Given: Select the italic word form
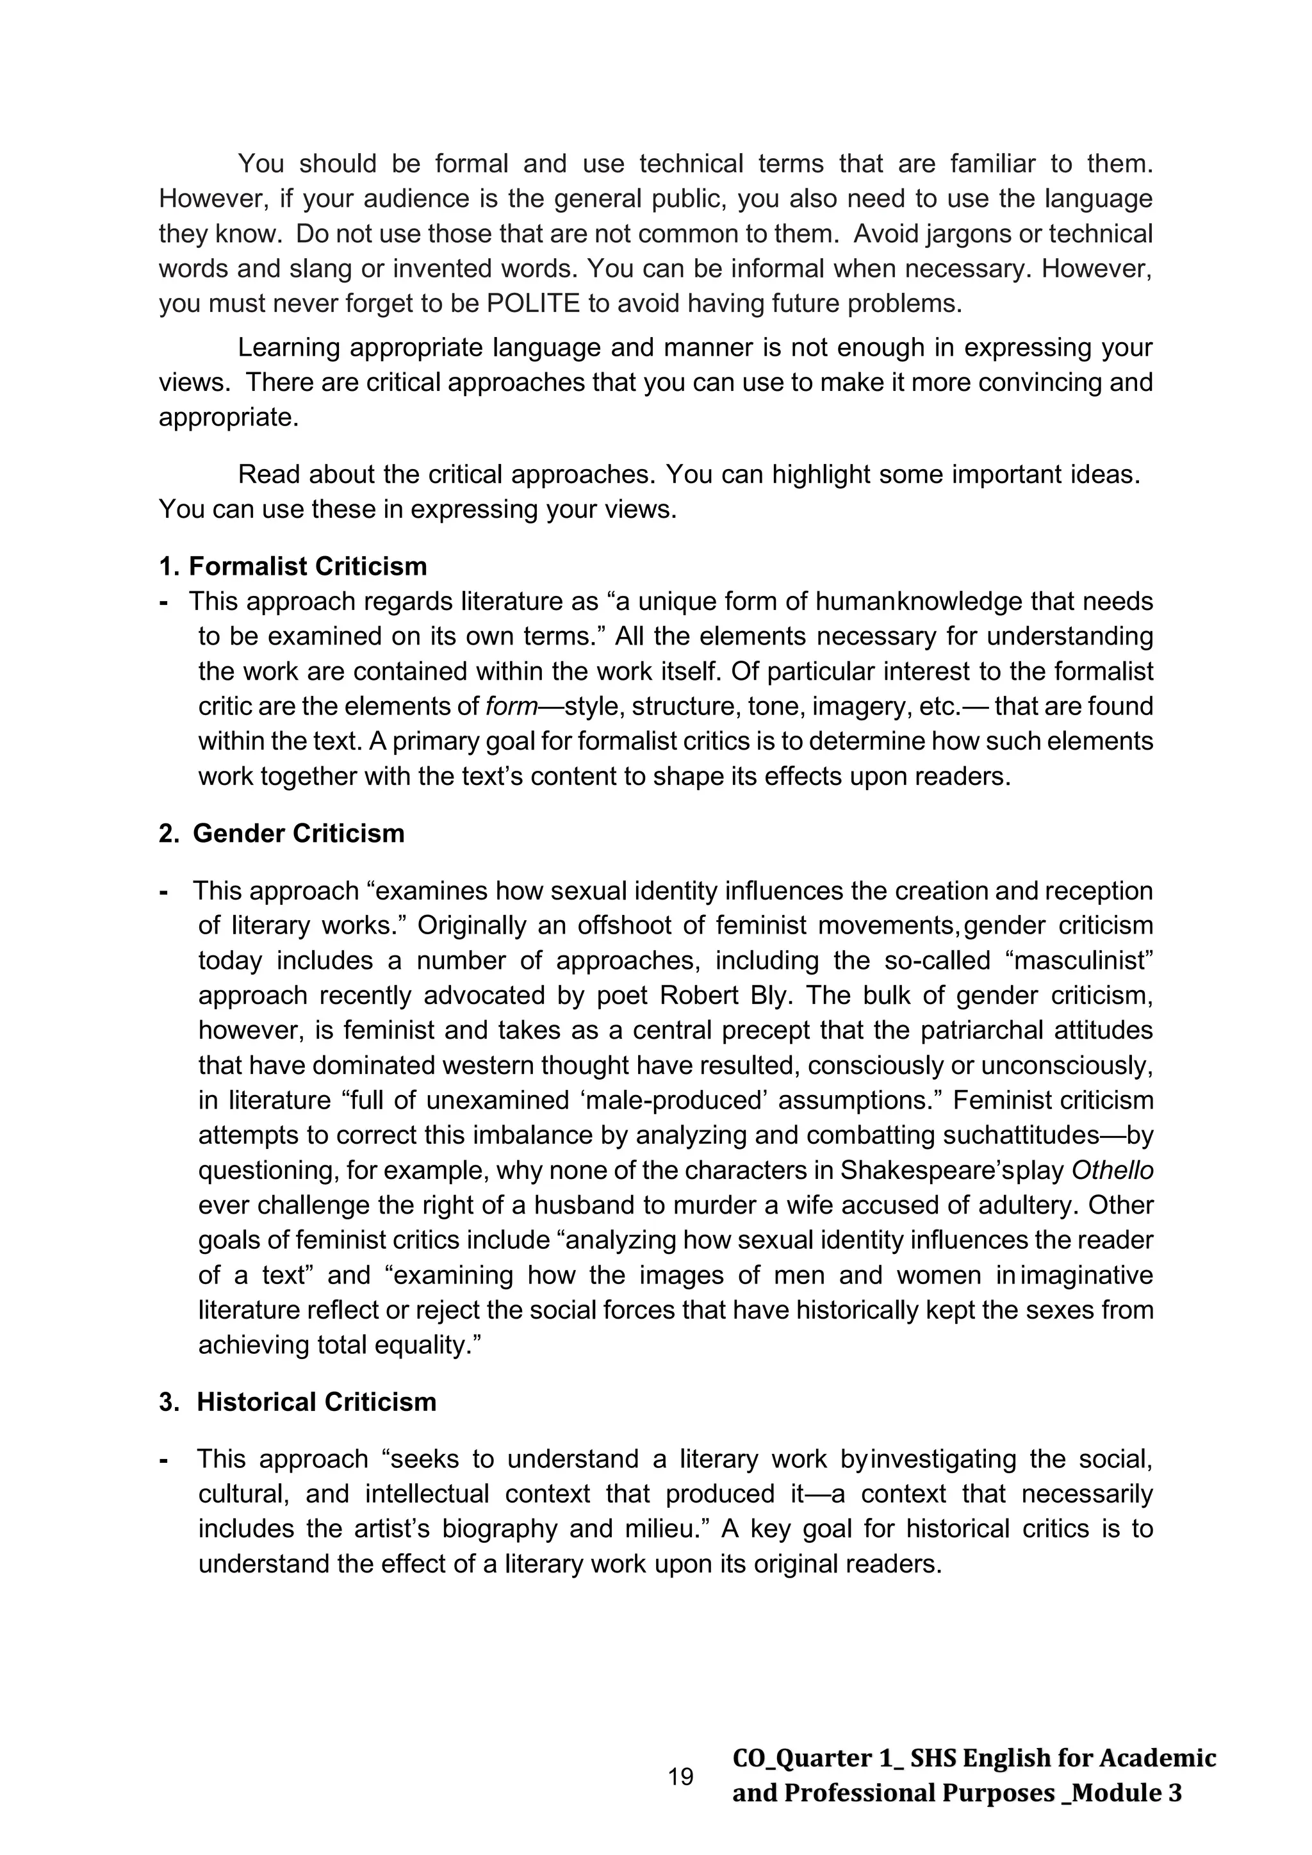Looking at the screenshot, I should pyautogui.click(x=511, y=707).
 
